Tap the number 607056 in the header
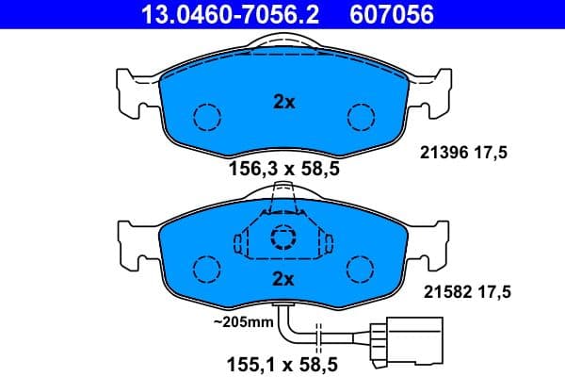click(x=394, y=15)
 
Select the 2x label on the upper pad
click(x=283, y=103)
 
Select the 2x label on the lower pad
click(x=283, y=278)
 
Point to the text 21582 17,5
click(x=462, y=292)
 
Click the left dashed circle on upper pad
click(x=206, y=118)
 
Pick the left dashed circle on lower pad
click(x=206, y=270)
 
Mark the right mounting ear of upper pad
click(x=435, y=90)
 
